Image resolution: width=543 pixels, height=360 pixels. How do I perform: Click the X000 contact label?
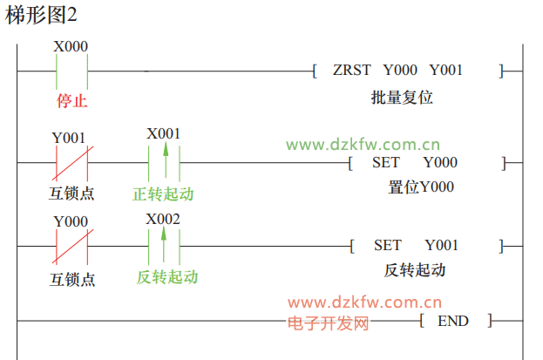pos(71,47)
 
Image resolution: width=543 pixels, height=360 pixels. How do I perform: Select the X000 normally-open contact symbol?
pos(71,71)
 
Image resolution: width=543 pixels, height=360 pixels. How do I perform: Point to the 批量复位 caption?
pos(402,98)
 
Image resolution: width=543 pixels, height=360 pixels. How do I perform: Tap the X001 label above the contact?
pos(163,133)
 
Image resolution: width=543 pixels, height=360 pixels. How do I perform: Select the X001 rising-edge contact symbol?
pos(164,161)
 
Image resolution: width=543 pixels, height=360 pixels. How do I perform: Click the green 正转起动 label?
pos(163,193)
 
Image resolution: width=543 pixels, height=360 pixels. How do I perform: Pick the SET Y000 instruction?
pos(414,162)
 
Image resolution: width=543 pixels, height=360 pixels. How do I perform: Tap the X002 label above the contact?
pos(163,218)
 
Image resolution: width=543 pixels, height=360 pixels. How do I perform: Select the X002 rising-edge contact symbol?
pos(164,246)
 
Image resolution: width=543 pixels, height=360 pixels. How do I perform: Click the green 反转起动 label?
pos(167,277)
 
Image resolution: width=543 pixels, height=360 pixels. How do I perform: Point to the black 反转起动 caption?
pos(415,270)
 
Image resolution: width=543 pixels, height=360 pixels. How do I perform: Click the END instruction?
pos(452,321)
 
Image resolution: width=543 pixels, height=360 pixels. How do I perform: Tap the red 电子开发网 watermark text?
pos(329,323)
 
